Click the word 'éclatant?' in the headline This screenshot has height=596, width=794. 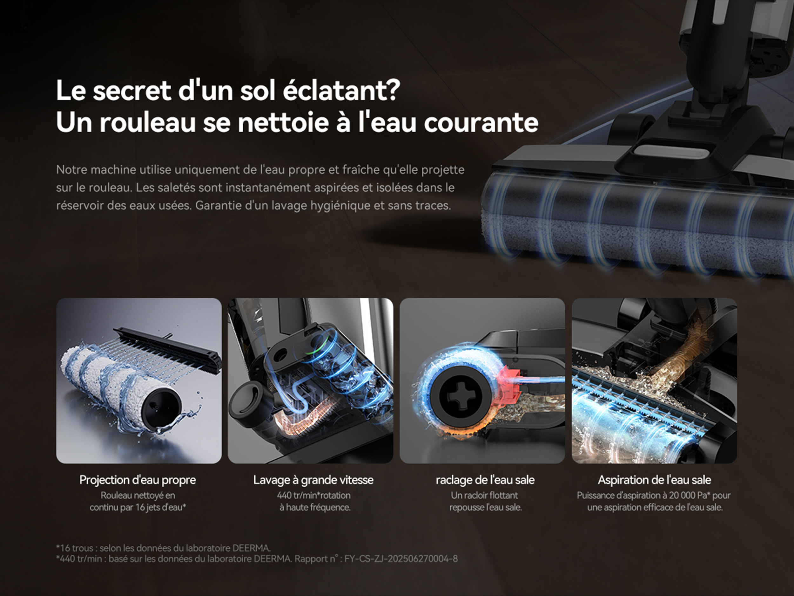pyautogui.click(x=341, y=90)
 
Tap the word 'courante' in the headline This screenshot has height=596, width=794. pyautogui.click(x=481, y=122)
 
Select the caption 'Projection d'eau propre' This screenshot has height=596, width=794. pyautogui.click(x=138, y=480)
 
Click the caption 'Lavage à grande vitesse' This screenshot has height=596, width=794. pyautogui.click(x=313, y=480)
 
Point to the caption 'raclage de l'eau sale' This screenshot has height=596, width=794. pyautogui.click(x=485, y=480)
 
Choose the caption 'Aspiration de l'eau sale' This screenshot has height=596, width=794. pyautogui.click(x=654, y=480)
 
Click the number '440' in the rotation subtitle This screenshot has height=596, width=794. pyautogui.click(x=284, y=496)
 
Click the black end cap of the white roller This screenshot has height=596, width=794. pyautogui.click(x=162, y=407)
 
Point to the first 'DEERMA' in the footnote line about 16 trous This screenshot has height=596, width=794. pyautogui.click(x=251, y=548)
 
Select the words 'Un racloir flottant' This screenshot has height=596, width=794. pyautogui.click(x=485, y=496)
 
